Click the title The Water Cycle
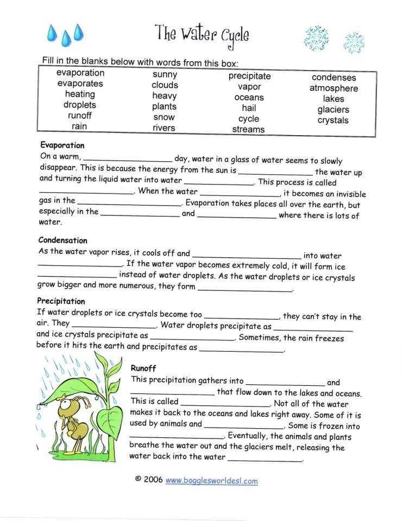click(x=202, y=34)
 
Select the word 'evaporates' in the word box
click(x=80, y=84)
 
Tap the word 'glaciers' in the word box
click(x=333, y=110)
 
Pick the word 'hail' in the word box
click(x=249, y=108)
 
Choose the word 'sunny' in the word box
click(x=165, y=74)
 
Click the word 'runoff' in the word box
click(x=79, y=116)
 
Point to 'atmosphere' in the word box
click(x=333, y=88)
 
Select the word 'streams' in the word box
click(x=248, y=129)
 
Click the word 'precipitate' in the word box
click(x=249, y=77)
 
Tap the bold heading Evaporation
click(x=62, y=145)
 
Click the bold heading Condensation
click(x=62, y=240)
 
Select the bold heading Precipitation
click(x=61, y=301)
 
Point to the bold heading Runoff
click(x=143, y=368)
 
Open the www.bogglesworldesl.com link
click(x=211, y=480)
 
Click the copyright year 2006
click(x=153, y=480)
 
